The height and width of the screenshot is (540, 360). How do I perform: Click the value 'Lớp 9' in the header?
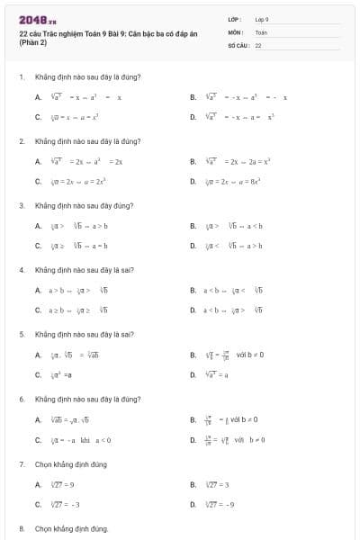tap(262, 18)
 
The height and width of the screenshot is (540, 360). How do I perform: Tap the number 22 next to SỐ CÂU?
tap(258, 44)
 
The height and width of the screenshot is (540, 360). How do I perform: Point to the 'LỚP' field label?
tap(235, 18)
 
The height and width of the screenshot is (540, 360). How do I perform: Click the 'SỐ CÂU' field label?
tap(238, 44)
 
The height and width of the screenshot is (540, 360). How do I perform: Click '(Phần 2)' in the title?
tap(32, 42)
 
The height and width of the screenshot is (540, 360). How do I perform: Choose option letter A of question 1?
tap(38, 97)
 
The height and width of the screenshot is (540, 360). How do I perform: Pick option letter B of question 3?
tap(193, 226)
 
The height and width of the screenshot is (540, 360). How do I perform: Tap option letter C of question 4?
tap(38, 310)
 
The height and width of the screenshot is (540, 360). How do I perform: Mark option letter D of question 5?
tap(193, 374)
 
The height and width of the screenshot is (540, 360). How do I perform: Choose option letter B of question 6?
tap(193, 419)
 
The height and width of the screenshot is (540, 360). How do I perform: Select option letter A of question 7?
tap(38, 484)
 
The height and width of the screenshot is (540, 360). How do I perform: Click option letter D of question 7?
tap(193, 504)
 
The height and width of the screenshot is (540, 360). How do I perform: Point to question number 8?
tap(21, 528)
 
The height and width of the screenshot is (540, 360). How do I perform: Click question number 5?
tap(21, 334)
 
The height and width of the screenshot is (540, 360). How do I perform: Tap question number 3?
tap(21, 205)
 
